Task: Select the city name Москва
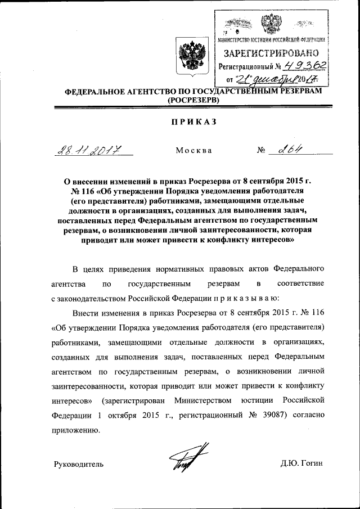193,151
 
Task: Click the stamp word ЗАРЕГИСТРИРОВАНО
271,54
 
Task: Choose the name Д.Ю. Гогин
302,464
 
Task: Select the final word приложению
76,431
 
